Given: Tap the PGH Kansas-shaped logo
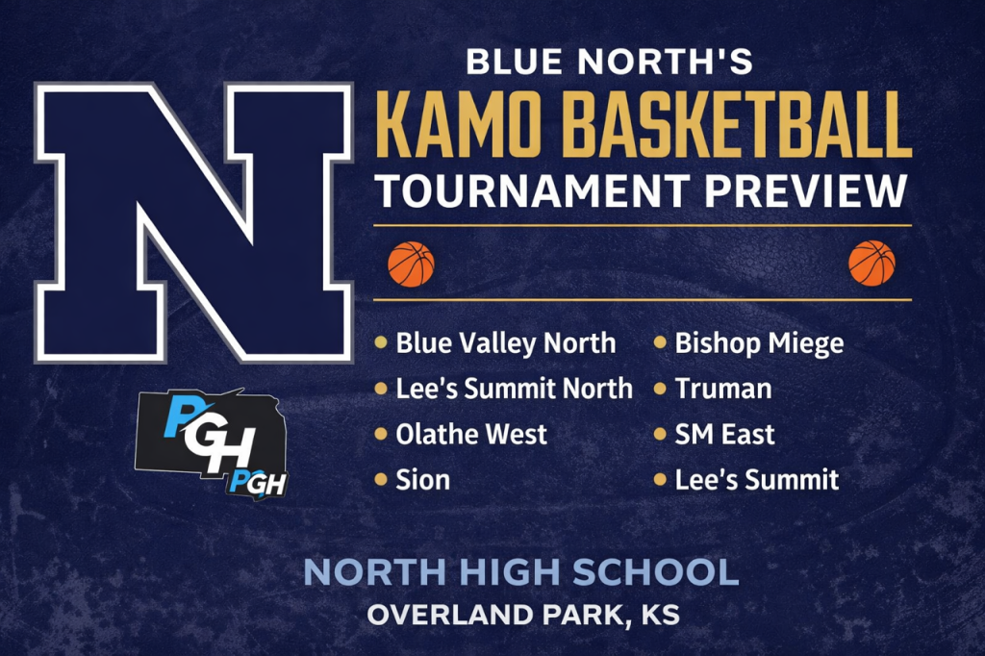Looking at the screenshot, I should pyautogui.click(x=214, y=442).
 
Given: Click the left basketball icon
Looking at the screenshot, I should pyautogui.click(x=411, y=264).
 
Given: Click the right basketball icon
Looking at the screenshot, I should pyautogui.click(x=871, y=264).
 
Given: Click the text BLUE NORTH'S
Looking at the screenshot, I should pyautogui.click(x=609, y=64).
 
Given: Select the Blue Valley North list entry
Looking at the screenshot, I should pyautogui.click(x=506, y=343).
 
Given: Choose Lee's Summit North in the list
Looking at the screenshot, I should pyautogui.click(x=514, y=389).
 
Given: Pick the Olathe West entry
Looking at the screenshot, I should pyautogui.click(x=471, y=434).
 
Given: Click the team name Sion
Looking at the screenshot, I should pyautogui.click(x=422, y=479).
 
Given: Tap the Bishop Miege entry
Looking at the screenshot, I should pyautogui.click(x=759, y=343).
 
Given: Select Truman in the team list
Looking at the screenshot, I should pyautogui.click(x=723, y=389).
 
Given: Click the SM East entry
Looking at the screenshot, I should pyautogui.click(x=724, y=434).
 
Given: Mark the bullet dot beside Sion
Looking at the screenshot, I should pyautogui.click(x=381, y=478).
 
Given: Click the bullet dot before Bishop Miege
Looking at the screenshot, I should pyautogui.click(x=661, y=342).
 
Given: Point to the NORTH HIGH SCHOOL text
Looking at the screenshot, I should pyautogui.click(x=520, y=573).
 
